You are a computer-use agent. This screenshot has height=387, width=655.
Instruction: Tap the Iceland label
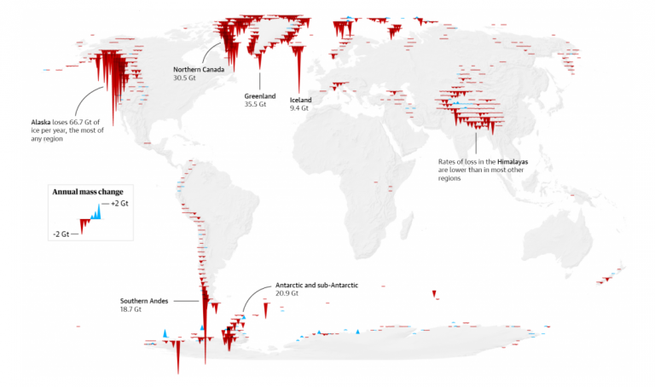click(x=301, y=100)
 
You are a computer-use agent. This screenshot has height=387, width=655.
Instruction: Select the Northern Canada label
click(x=199, y=69)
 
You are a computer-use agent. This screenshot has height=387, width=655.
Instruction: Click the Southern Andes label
click(x=144, y=301)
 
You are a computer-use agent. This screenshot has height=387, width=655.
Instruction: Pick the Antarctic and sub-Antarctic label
click(x=311, y=285)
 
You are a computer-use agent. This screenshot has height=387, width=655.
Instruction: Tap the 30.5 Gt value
click(x=185, y=78)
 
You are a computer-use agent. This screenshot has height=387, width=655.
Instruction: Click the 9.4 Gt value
click(x=299, y=108)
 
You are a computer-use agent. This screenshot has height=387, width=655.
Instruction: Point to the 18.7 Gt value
click(x=133, y=309)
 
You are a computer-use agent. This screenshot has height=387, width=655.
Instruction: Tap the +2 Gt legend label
click(x=119, y=205)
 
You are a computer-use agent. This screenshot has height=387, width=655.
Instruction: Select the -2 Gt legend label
click(x=60, y=234)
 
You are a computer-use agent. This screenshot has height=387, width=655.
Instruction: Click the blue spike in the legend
click(x=97, y=211)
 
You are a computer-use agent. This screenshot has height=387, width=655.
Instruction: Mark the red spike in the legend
click(x=84, y=227)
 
